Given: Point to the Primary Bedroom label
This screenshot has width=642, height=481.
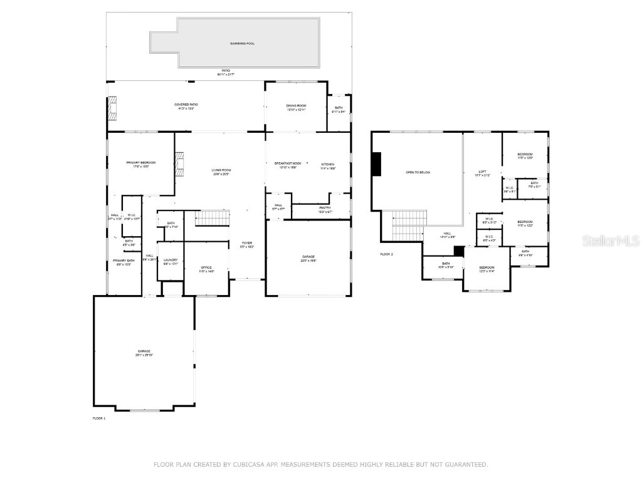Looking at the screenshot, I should [140, 162].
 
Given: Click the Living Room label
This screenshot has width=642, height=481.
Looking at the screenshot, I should [221, 170].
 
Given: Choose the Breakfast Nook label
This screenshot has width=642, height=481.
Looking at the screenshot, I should [288, 163].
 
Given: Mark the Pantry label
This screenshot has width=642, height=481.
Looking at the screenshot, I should [325, 207].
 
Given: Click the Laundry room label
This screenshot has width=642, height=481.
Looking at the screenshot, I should [171, 260].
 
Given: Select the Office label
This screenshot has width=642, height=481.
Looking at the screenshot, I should [206, 267].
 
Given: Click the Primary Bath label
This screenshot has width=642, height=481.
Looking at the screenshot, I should [124, 260].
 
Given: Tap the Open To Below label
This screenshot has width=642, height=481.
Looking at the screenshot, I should [418, 172].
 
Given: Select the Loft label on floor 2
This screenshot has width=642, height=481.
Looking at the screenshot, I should [482, 172].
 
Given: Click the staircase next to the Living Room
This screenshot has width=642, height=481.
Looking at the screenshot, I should [213, 218].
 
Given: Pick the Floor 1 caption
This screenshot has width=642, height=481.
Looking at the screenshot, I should [99, 418].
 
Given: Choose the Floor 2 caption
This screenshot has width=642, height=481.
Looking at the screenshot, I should [386, 254].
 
